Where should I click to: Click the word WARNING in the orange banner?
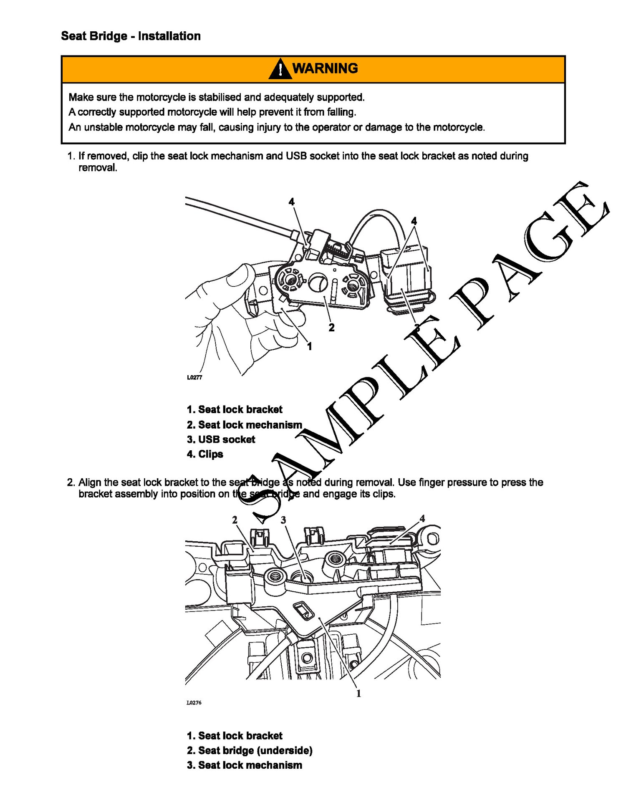coord(325,68)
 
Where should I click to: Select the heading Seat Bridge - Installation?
coord(131,36)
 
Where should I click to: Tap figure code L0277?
coord(194,377)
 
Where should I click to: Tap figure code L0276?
coord(194,703)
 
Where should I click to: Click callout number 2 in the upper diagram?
coord(331,328)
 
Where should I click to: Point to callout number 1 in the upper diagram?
coord(309,346)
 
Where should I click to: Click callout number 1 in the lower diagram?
coord(358,694)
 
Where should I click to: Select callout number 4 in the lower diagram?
coord(422,519)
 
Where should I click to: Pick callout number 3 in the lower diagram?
coord(283,520)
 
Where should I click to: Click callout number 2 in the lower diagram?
coord(235,520)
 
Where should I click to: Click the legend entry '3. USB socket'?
coord(221,439)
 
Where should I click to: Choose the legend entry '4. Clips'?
coord(205,454)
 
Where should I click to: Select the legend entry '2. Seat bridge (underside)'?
coord(250,751)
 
